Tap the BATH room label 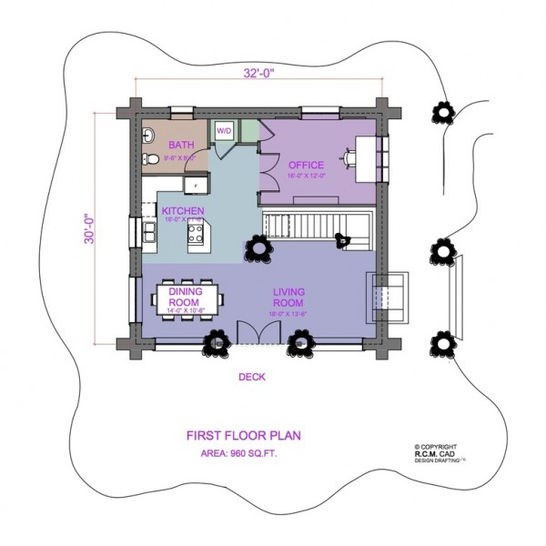(180, 145)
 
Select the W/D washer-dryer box (223, 131)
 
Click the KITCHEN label (182, 210)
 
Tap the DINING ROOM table (190, 299)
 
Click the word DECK (251, 377)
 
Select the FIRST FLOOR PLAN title (243, 435)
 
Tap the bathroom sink (148, 136)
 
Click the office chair (347, 157)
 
